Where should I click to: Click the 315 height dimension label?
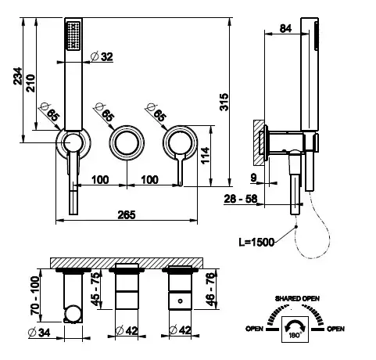coord(224,102)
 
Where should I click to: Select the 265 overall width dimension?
coord(127,215)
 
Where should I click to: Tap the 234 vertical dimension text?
coord(17,76)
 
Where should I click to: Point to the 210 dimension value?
coord(30,83)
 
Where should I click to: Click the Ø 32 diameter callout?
coord(102,56)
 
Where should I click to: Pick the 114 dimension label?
coord(206,156)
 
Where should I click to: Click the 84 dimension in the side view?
coord(285,28)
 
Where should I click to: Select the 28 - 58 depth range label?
coord(241,199)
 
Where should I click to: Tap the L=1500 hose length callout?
coord(256,243)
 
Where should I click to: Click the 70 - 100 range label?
coord(35,295)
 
